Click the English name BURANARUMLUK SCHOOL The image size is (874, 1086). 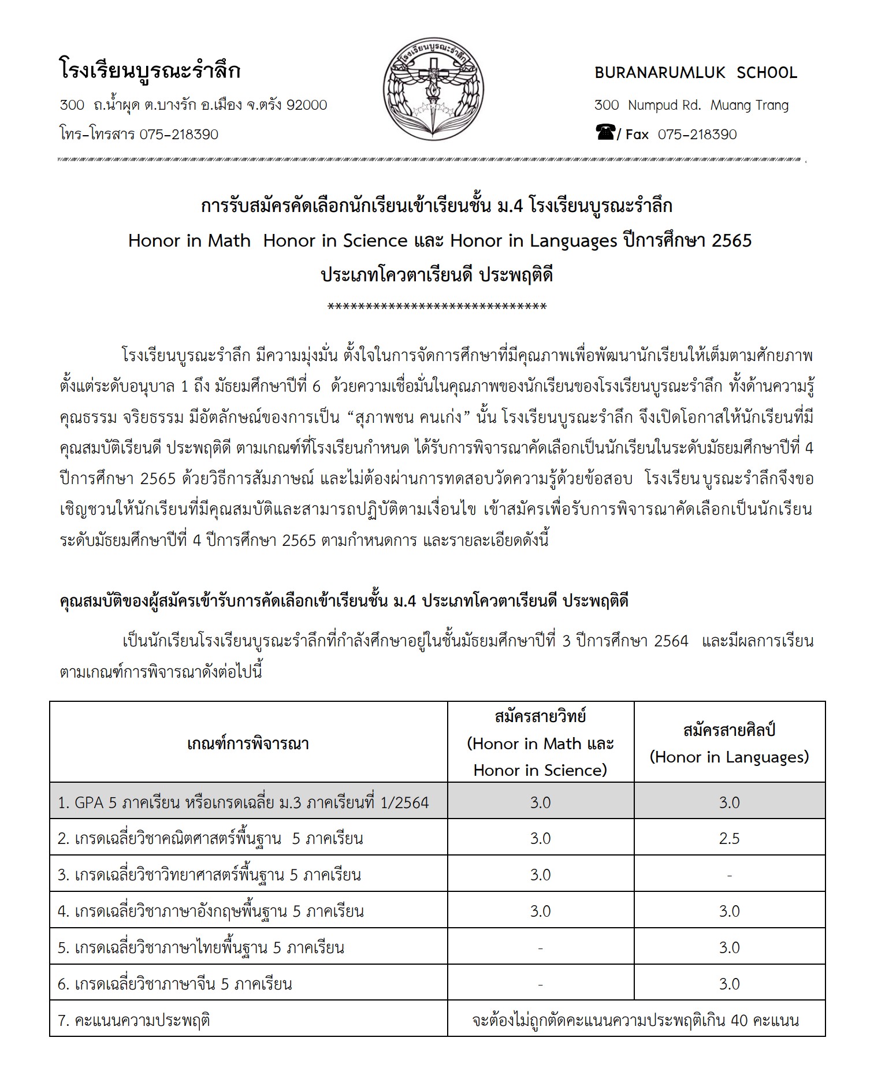[696, 73]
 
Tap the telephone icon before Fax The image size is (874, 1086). [605, 133]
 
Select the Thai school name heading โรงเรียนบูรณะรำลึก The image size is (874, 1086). [150, 71]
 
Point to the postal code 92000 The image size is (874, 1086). [307, 105]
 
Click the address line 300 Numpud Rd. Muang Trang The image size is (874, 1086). [691, 105]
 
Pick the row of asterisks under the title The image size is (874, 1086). [437, 307]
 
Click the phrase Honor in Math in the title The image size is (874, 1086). [189, 240]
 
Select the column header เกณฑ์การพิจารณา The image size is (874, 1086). [248, 743]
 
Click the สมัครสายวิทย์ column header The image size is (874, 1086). [540, 717]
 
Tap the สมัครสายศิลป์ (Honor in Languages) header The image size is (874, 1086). [729, 743]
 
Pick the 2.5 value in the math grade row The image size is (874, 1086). [729, 838]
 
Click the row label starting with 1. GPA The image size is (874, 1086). [243, 802]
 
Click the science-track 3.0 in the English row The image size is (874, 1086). [540, 911]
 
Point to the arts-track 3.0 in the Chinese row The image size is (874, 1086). [729, 984]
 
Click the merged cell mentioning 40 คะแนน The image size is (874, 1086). [635, 1020]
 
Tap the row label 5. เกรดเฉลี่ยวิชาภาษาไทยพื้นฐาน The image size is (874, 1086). [201, 947]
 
